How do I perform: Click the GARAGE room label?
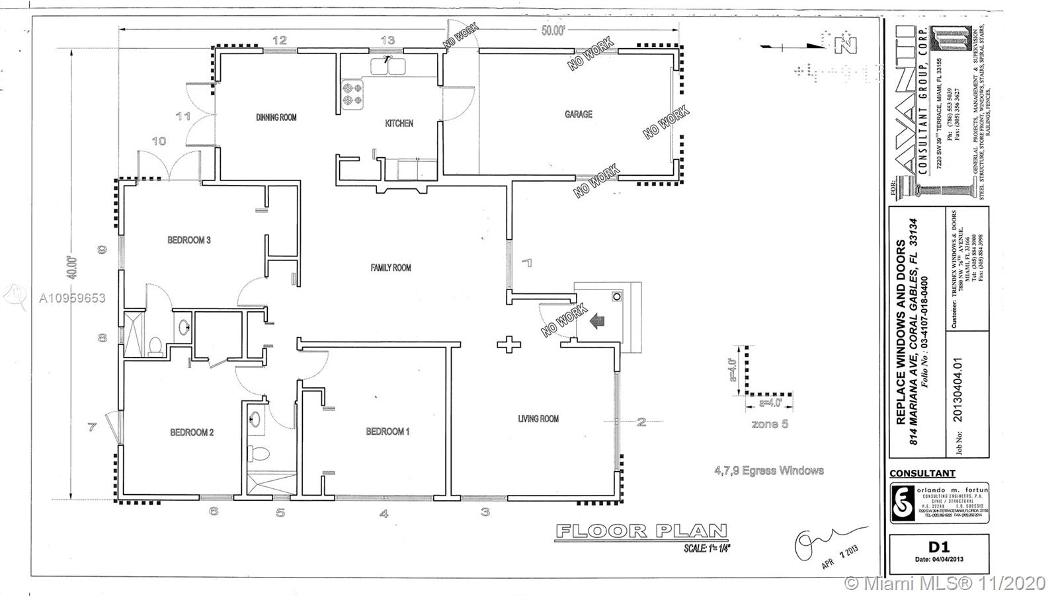tap(578, 114)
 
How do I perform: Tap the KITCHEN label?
tap(399, 123)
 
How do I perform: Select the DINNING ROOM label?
tap(276, 118)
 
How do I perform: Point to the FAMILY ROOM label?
tap(391, 268)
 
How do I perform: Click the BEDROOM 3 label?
tap(188, 240)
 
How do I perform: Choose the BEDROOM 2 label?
tap(192, 433)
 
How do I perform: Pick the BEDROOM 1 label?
tap(387, 431)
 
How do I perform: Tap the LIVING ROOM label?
tap(538, 418)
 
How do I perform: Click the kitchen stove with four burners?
tap(352, 94)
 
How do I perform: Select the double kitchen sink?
tap(388, 66)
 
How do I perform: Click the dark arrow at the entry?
tap(597, 322)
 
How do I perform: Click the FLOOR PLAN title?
tap(641, 531)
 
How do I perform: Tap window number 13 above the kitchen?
tap(387, 40)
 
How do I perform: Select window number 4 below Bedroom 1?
tap(384, 513)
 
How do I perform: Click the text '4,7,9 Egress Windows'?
tap(768, 470)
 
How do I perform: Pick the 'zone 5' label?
tap(770, 424)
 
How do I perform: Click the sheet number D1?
tap(938, 546)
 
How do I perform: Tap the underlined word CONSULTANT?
tap(922, 473)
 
